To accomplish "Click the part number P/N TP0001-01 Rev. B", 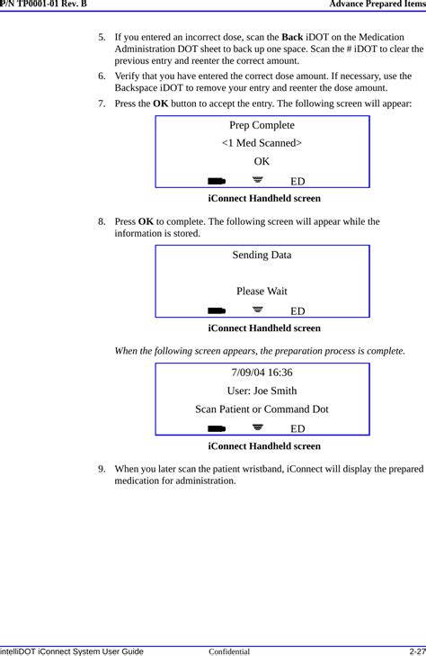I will pos(44,4).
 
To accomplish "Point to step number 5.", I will pos(103,38).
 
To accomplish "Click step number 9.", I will pos(103,469).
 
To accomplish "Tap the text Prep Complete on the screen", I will pos(262,125).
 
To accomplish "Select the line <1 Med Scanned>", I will pos(262,143).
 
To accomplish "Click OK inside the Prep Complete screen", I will pos(262,162).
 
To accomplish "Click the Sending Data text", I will pos(262,255).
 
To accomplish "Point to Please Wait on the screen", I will pos(262,291).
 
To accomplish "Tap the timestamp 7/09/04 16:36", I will pos(262,373).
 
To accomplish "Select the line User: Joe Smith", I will pos(262,391).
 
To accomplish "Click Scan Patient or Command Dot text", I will pos(262,409).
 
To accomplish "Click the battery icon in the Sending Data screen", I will pos(216,311).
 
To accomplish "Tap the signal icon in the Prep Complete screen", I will pos(259,180).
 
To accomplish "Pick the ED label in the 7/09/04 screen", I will pos(297,429).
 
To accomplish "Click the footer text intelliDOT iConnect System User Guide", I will pos(72,648).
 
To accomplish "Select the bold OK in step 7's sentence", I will pos(161,104).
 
